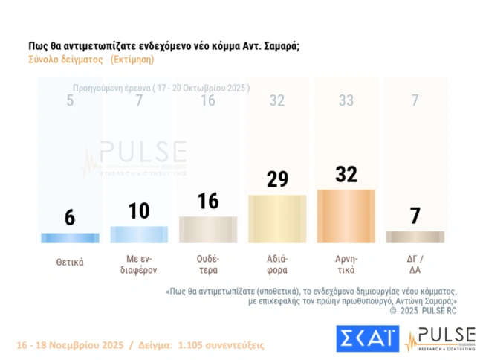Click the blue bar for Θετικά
pos(69,238)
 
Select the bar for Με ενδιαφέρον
pos(138,234)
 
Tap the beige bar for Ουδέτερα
pos(208,229)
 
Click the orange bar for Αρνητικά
pos(346,216)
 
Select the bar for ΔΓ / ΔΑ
pos(415,237)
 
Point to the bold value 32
pos(346,174)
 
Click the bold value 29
pos(276,179)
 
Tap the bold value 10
pos(138,210)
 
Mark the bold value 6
pos(69,217)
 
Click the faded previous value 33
pos(346,101)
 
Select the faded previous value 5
pos(69,101)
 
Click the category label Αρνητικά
pos(346,266)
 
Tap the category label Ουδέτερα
pos(208,266)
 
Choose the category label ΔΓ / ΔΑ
pos(415,266)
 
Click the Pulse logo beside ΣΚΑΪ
pos(440,338)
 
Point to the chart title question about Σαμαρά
pos(163,46)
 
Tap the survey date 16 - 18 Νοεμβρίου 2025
pos(67,345)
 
